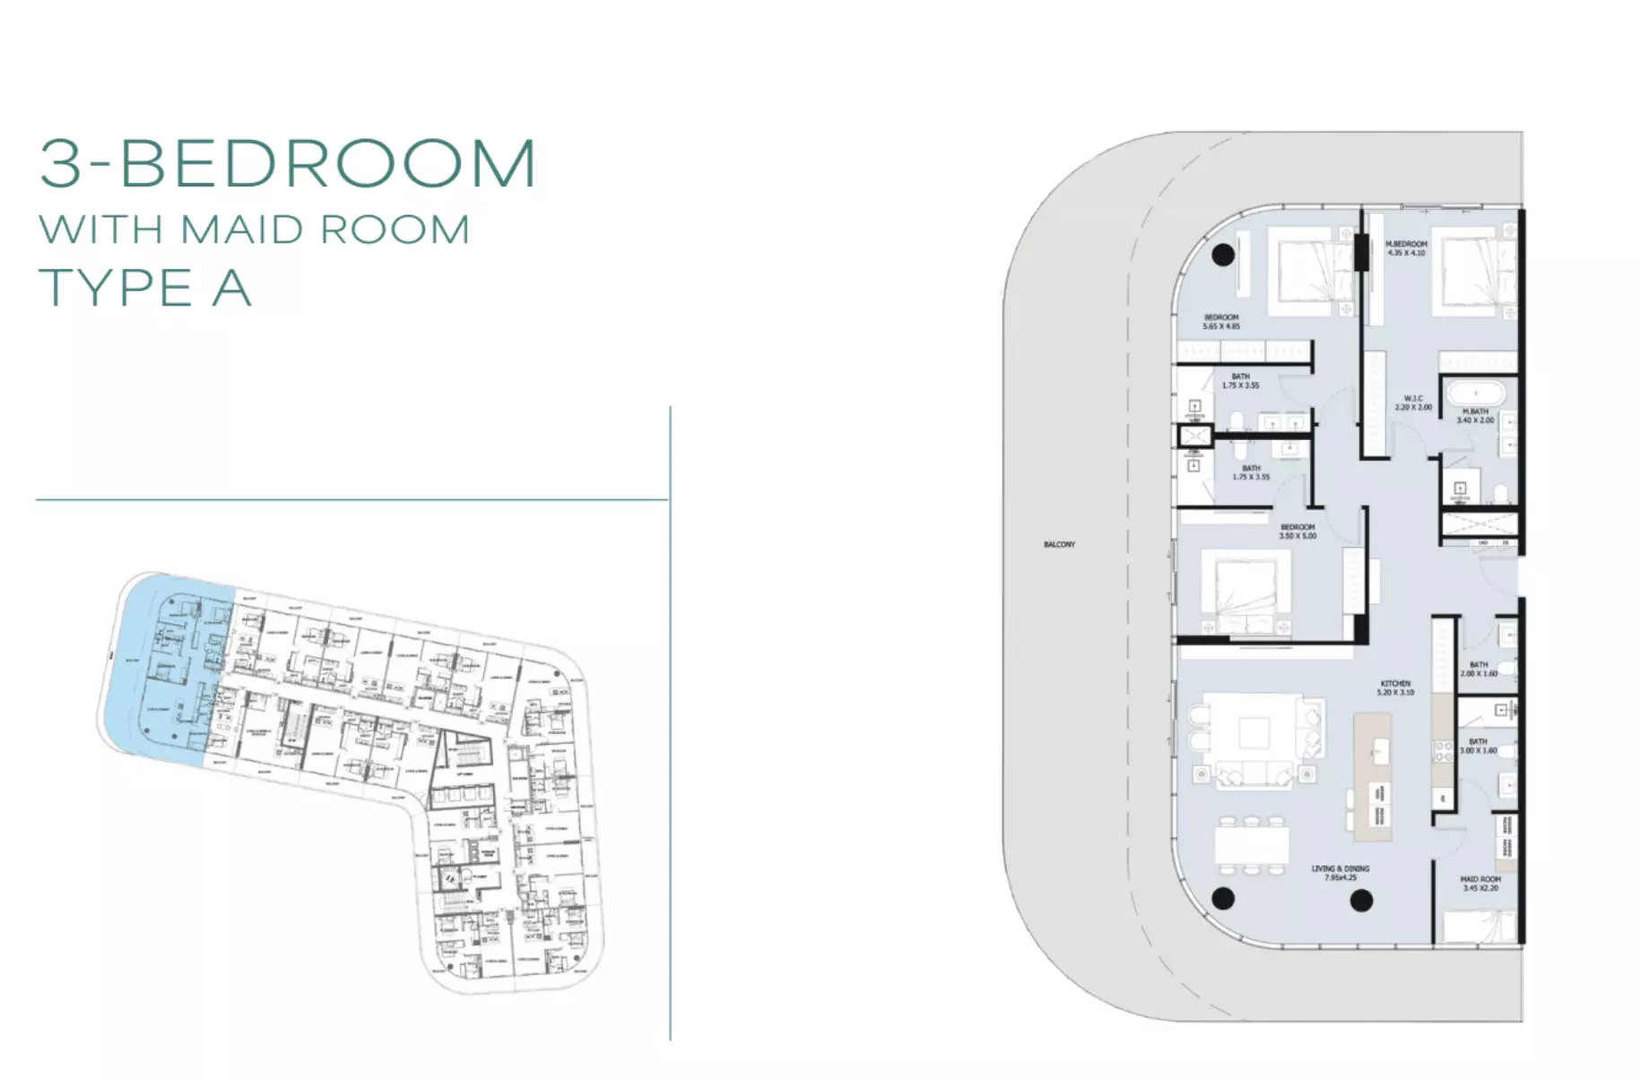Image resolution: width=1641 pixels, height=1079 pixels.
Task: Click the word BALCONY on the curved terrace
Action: pyautogui.click(x=1058, y=545)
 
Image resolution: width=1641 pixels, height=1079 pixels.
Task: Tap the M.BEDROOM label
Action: pyautogui.click(x=1405, y=244)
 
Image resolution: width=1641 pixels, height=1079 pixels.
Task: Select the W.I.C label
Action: pyautogui.click(x=1413, y=399)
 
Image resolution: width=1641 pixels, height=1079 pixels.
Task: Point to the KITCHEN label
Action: pyautogui.click(x=1395, y=684)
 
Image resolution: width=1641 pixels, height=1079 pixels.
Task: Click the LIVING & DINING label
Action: pyautogui.click(x=1340, y=868)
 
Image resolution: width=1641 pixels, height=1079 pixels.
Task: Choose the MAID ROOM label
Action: pyautogui.click(x=1480, y=879)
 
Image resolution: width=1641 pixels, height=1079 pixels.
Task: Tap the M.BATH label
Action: pyautogui.click(x=1475, y=412)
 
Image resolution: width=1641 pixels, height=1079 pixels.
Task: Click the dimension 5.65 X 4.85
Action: pyautogui.click(x=1220, y=327)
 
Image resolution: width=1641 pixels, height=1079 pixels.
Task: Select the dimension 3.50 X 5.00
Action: pyautogui.click(x=1298, y=536)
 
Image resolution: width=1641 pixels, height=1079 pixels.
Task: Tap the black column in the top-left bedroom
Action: pyautogui.click(x=1223, y=255)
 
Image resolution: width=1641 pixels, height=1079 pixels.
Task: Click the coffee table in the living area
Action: pyautogui.click(x=1253, y=733)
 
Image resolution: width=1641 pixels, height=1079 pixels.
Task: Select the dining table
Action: pyautogui.click(x=1252, y=843)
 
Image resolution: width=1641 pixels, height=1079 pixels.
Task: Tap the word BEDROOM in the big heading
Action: pyautogui.click(x=327, y=164)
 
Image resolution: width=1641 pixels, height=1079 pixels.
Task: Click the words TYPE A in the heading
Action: pyautogui.click(x=145, y=288)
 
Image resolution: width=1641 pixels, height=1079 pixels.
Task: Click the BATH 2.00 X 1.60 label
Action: pyautogui.click(x=1478, y=669)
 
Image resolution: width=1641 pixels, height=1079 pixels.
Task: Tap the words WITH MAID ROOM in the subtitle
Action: pyautogui.click(x=255, y=230)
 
